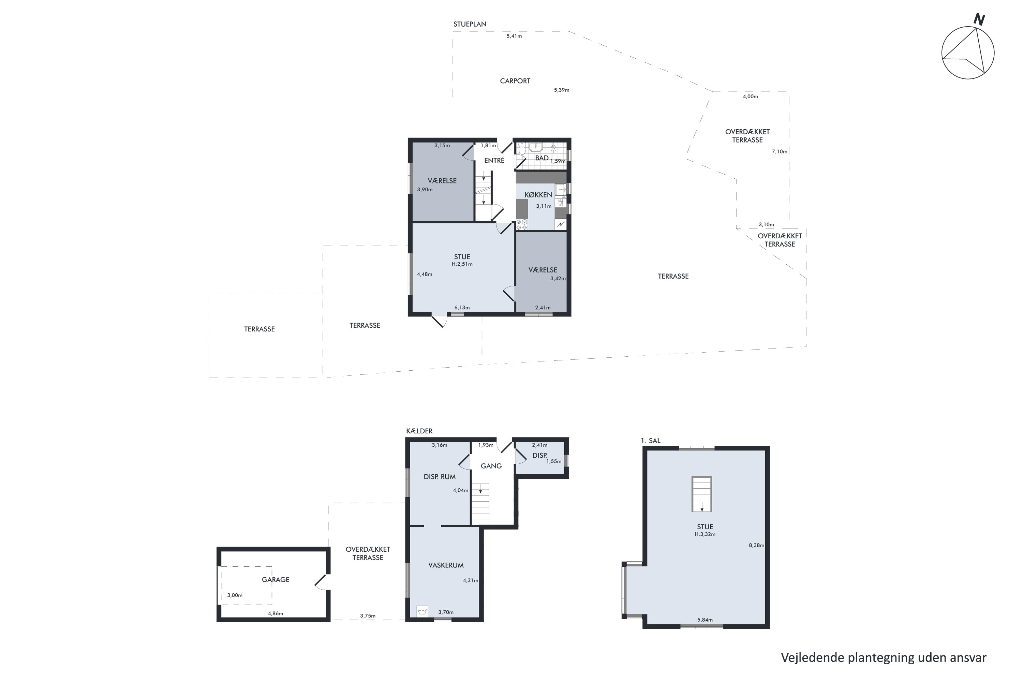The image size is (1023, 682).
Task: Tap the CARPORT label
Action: [515, 81]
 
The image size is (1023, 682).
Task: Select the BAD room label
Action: [542, 158]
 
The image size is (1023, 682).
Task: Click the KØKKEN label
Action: [538, 195]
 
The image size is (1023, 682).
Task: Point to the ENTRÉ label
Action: [494, 161]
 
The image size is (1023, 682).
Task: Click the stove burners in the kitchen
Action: [521, 224]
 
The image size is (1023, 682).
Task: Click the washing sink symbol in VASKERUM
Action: [421, 611]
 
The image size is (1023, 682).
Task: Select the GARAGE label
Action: [275, 579]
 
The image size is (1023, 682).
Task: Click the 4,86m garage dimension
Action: [275, 614]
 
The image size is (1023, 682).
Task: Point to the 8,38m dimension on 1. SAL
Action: [756, 545]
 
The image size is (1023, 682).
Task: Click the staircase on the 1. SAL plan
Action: [701, 494]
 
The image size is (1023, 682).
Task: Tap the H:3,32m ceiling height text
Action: [705, 534]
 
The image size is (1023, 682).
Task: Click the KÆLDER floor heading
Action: [419, 431]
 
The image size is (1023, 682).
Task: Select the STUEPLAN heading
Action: [470, 24]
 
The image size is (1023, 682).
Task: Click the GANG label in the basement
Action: [491, 466]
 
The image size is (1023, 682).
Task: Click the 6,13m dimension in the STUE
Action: [462, 308]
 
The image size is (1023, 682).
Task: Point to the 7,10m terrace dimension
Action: [780, 151]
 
